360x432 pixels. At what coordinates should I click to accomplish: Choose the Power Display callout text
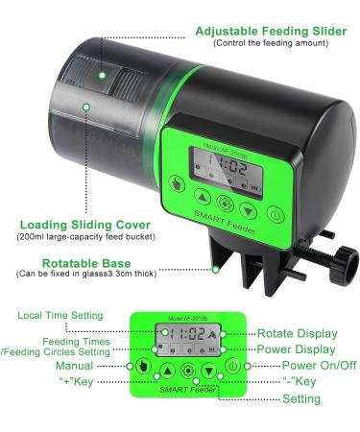297,348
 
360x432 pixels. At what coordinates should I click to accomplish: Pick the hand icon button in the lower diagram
142,367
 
